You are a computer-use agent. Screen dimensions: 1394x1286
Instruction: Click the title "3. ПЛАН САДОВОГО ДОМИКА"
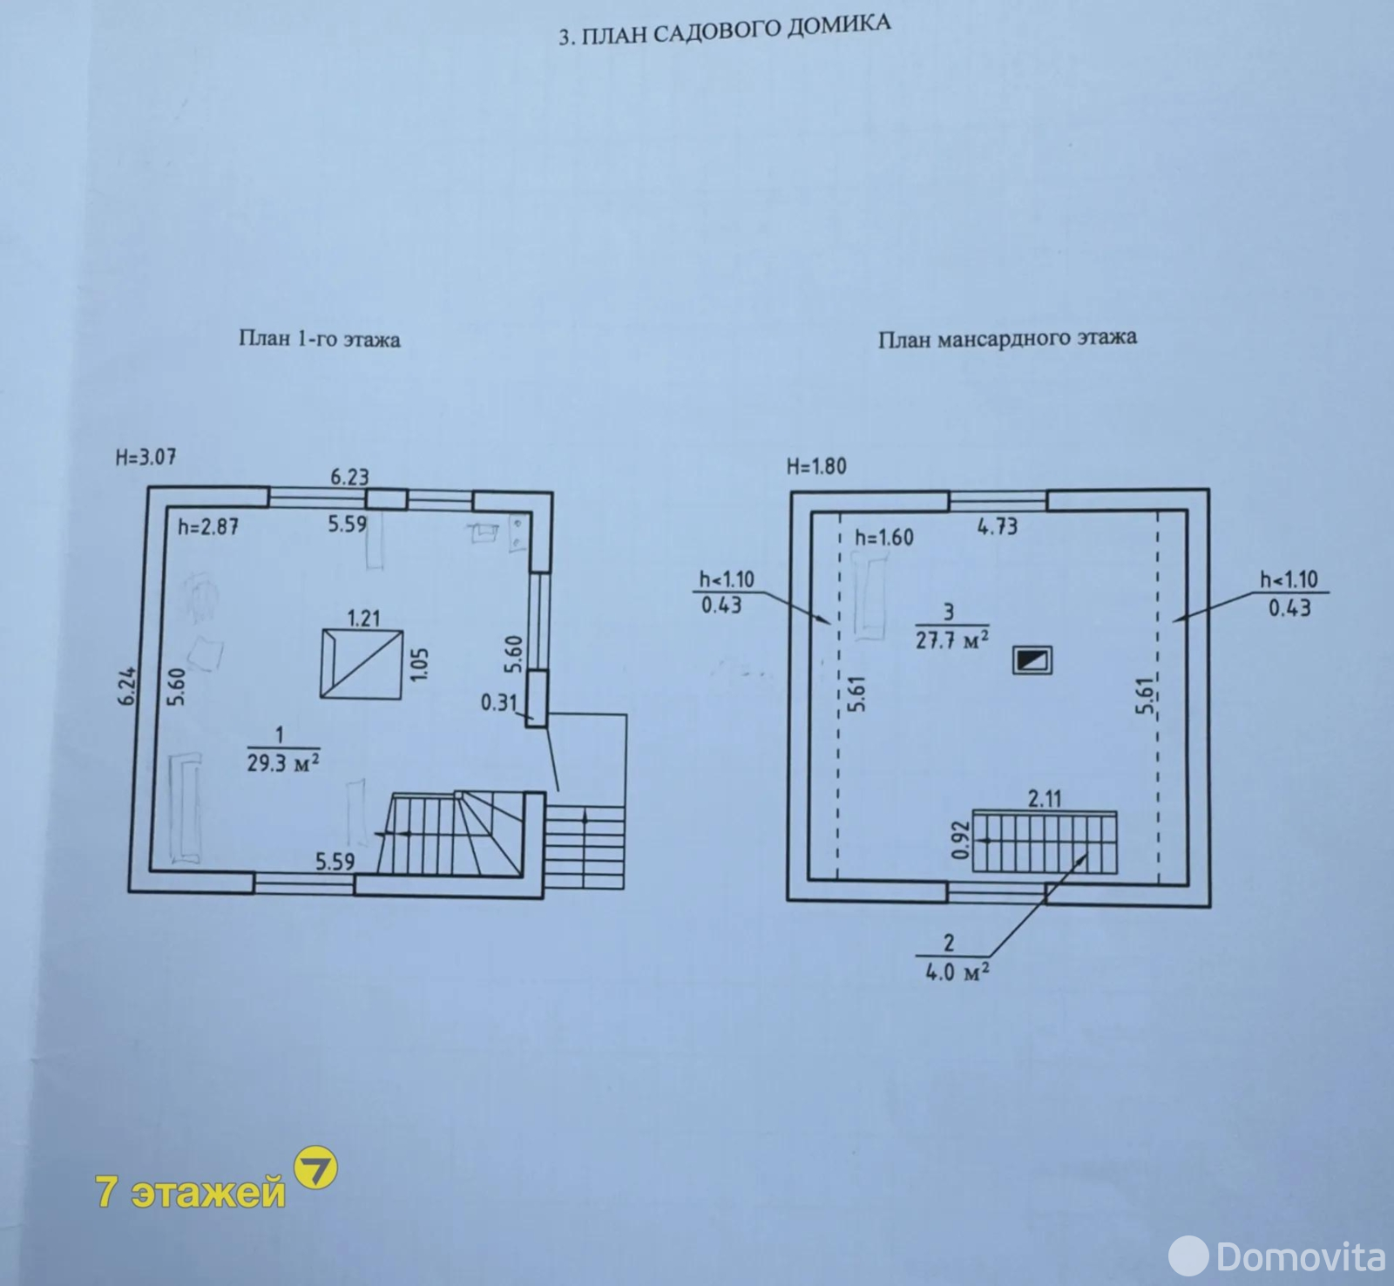(x=724, y=31)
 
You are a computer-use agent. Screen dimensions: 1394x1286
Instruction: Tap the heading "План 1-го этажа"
(x=320, y=338)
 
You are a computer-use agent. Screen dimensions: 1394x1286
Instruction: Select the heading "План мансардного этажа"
(x=1007, y=338)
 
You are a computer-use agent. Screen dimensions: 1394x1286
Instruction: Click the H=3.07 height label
(x=146, y=457)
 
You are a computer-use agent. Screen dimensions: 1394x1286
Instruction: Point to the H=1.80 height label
(x=816, y=466)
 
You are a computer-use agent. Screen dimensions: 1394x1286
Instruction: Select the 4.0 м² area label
(x=957, y=971)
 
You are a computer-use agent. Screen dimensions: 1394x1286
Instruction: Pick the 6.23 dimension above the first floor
(x=349, y=477)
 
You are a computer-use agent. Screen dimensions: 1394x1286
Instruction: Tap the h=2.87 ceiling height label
(x=208, y=526)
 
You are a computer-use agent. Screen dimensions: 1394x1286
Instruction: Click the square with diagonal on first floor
(x=362, y=664)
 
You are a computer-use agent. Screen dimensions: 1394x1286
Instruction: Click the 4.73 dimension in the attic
(x=997, y=526)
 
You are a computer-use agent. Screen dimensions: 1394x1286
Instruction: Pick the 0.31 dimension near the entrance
(x=499, y=701)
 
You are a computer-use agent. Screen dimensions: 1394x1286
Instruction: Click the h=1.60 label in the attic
(x=884, y=538)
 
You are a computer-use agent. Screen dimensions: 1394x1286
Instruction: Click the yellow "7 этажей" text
(x=191, y=1191)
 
